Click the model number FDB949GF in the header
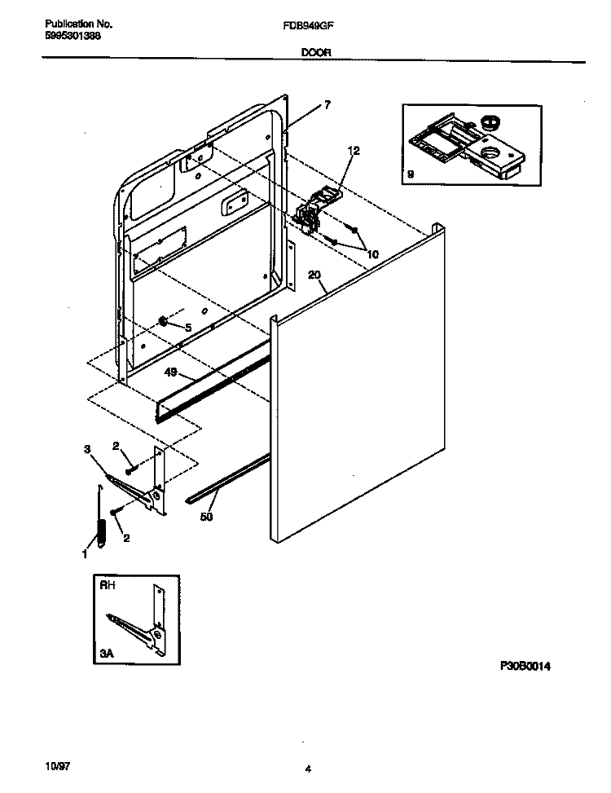point(307,25)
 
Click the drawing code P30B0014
point(526,666)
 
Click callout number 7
point(327,104)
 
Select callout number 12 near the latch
point(353,150)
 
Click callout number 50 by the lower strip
point(206,517)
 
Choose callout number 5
point(187,327)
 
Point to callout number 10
point(372,253)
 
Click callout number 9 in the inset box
point(411,174)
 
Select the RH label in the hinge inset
point(106,584)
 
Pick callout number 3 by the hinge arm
point(87,449)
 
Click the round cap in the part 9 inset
point(490,123)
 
